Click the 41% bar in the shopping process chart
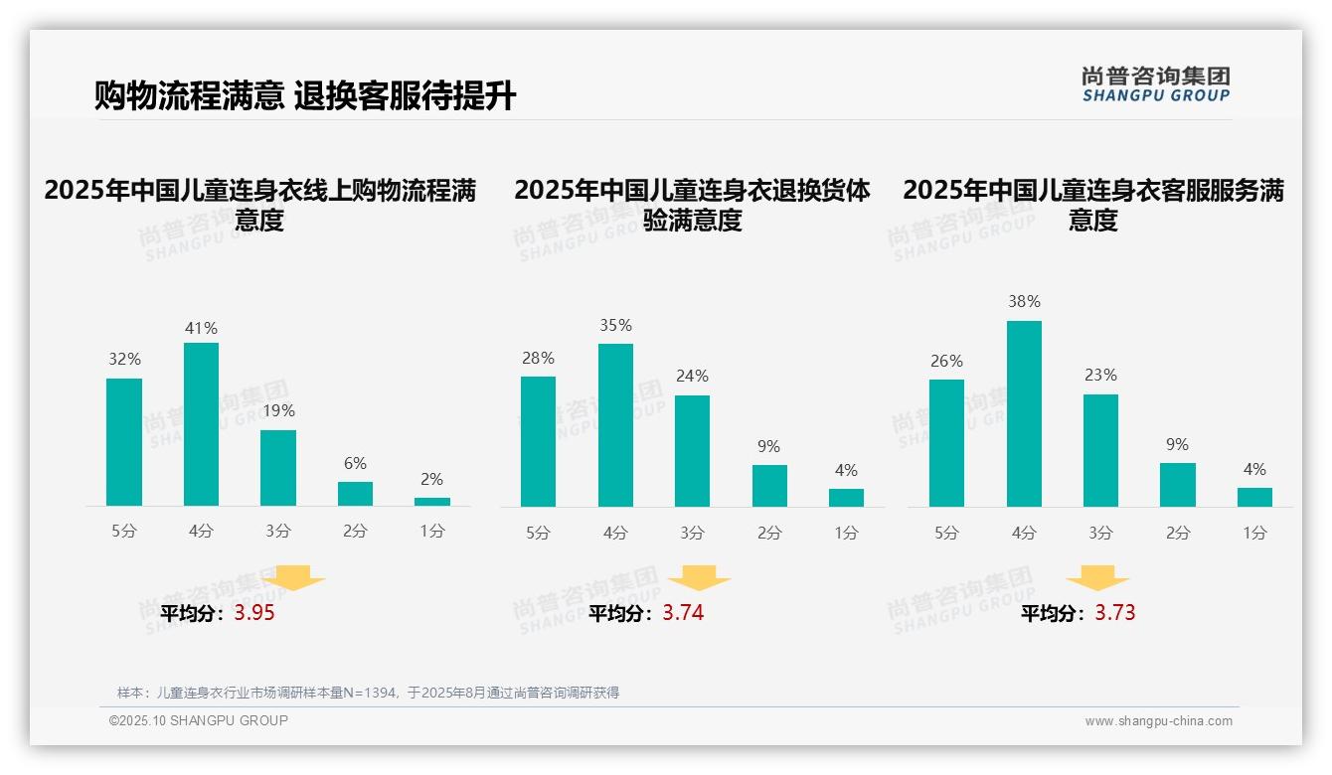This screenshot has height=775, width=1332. click(x=201, y=424)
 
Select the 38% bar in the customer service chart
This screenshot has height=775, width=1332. click(x=1024, y=413)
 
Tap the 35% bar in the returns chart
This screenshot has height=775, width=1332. click(x=615, y=425)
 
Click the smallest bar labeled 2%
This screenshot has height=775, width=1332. click(x=432, y=502)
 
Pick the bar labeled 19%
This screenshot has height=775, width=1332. click(x=278, y=468)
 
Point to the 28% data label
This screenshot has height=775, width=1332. click(x=538, y=358)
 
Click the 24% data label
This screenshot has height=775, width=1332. click(x=692, y=376)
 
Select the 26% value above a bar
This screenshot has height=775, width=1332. click(x=946, y=361)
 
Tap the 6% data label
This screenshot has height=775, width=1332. click(x=355, y=463)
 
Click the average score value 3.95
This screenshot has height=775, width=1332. click(x=254, y=613)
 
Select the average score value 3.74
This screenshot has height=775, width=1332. click(x=683, y=613)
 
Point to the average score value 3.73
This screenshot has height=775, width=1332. click(x=1114, y=613)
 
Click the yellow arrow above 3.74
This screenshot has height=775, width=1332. click(x=699, y=578)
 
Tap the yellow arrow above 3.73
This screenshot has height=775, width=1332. click(x=1097, y=578)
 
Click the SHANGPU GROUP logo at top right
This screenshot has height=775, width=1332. click(x=1155, y=84)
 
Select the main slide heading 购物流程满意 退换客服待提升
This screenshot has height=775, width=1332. click(x=305, y=95)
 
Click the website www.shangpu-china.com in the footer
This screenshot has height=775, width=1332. click(x=1158, y=721)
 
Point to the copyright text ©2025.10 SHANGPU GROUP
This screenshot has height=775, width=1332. click(x=199, y=720)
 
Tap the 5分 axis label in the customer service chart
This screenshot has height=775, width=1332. click(x=946, y=533)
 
